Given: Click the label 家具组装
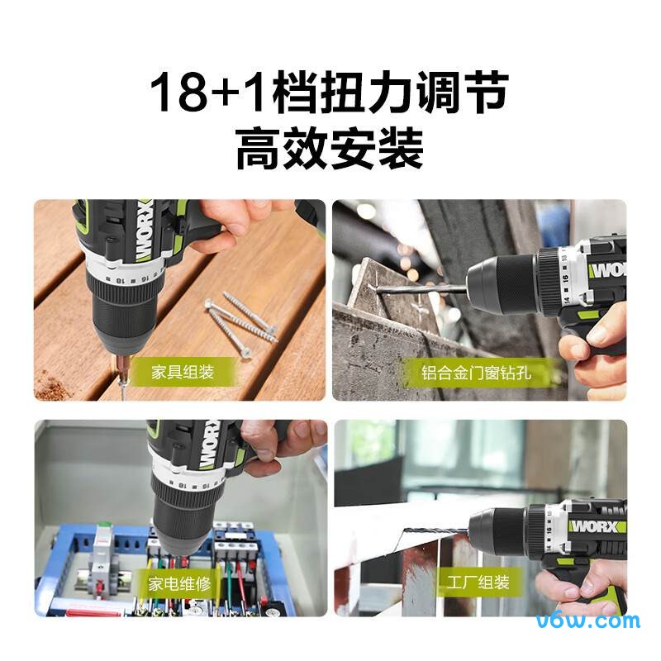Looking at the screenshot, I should (182, 372).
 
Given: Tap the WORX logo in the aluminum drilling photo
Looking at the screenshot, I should (607, 270).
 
